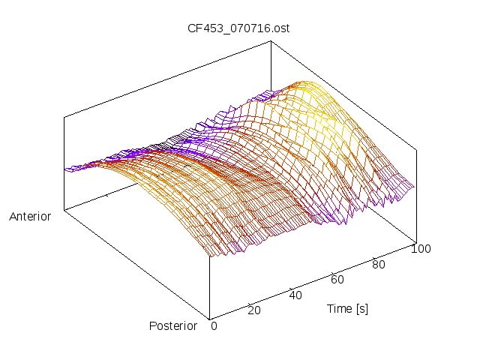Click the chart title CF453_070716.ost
click(x=238, y=28)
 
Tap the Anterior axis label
click(x=30, y=217)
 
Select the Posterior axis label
click(x=173, y=325)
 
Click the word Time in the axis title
click(x=340, y=308)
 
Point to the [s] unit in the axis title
click(x=361, y=308)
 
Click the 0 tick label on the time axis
click(x=214, y=325)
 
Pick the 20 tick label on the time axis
click(x=253, y=310)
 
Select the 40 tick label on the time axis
click(x=295, y=295)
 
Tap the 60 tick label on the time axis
click(x=337, y=280)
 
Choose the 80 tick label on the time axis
click(x=379, y=264)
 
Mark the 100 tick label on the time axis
click(x=421, y=249)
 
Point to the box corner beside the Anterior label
click(x=64, y=211)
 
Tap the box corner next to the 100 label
click(x=415, y=241)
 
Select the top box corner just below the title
click(x=270, y=42)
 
